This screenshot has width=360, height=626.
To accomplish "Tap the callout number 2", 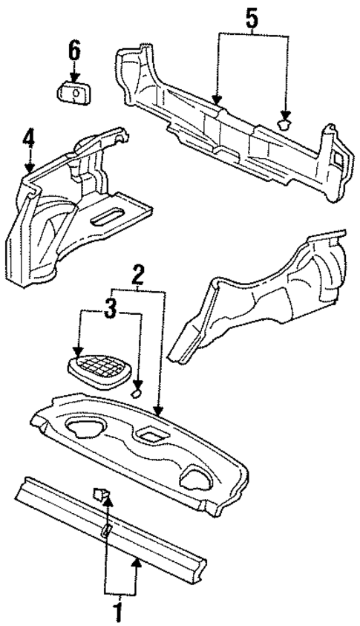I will pyautogui.click(x=136, y=275).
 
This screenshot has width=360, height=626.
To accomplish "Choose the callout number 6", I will pyautogui.click(x=73, y=52).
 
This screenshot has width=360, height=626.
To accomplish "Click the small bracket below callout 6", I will pyautogui.click(x=73, y=95).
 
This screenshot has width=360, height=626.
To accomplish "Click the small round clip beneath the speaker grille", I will pyautogui.click(x=137, y=391).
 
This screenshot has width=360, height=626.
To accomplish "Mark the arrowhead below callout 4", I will pyautogui.click(x=28, y=168).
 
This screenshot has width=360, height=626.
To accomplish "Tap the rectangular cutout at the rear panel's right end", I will pyautogui.click(x=337, y=157).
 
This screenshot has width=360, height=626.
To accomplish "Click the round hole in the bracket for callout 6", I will pyautogui.click(x=76, y=94).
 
